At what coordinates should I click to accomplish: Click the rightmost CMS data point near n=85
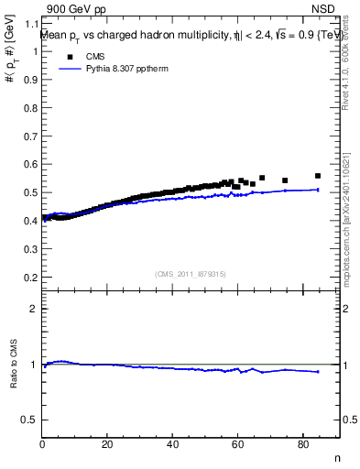coord(318,176)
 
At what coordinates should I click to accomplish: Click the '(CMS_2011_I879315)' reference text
coord(191,274)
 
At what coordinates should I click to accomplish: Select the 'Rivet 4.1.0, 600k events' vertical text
coord(346,64)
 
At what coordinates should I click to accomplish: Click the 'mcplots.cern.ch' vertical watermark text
coord(348,247)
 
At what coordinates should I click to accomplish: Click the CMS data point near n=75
coord(285,180)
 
